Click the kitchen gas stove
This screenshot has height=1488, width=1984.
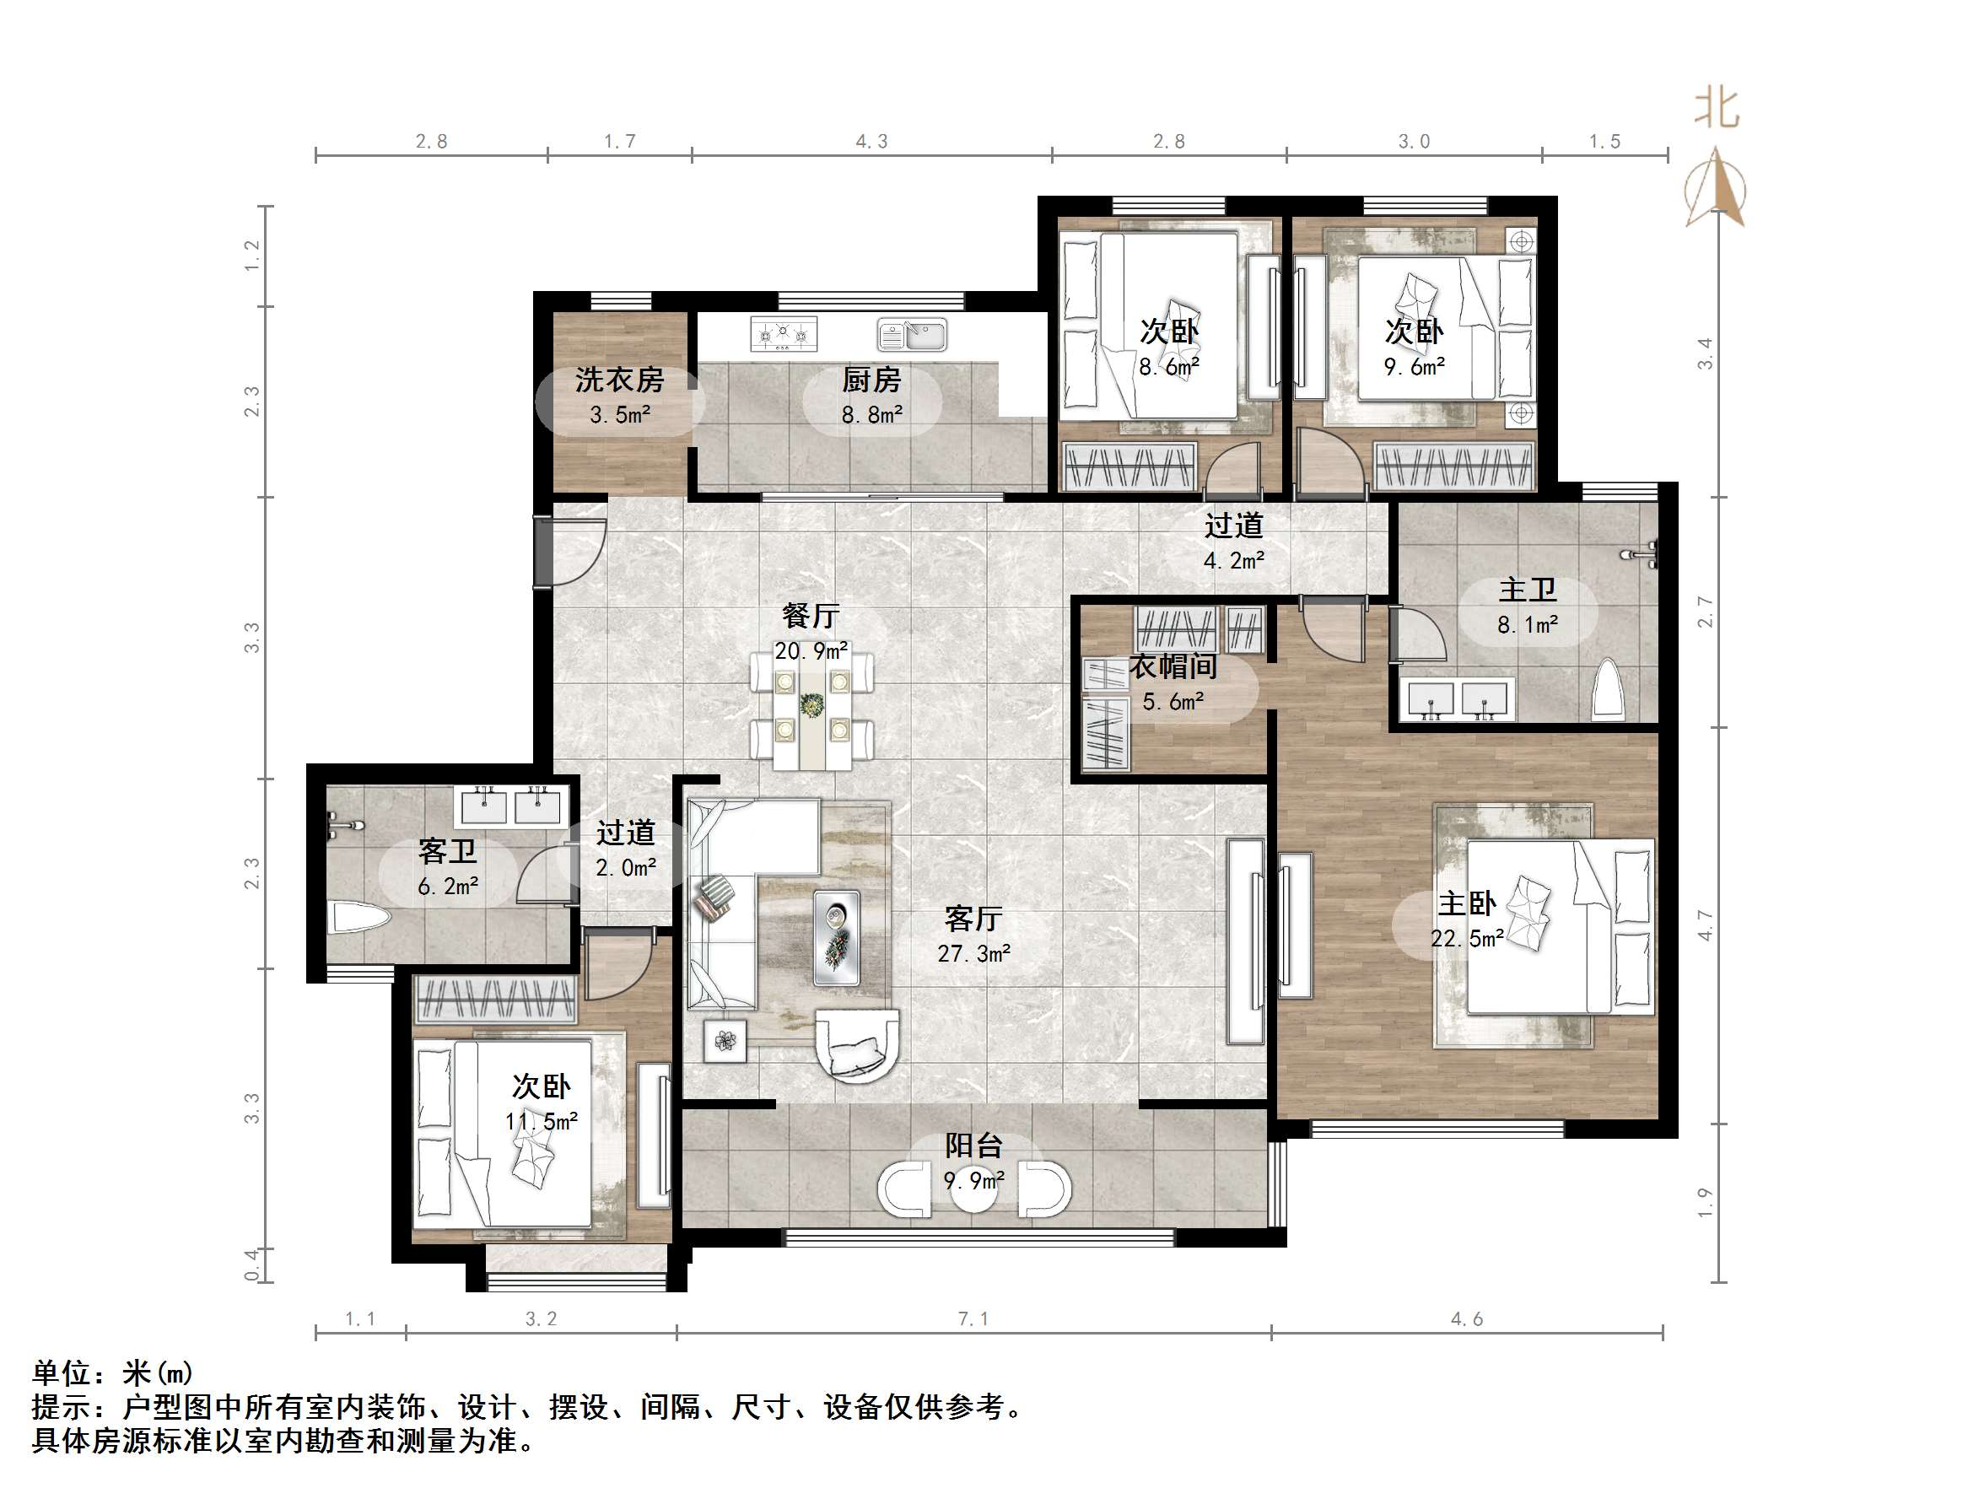tap(784, 335)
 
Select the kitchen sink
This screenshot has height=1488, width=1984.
tap(912, 336)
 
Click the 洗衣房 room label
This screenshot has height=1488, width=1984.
tap(619, 380)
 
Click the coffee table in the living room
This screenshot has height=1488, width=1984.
tap(836, 936)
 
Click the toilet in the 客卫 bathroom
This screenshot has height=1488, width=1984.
tap(359, 918)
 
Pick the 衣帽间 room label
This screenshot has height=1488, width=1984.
tap(1173, 666)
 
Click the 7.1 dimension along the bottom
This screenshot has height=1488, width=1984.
tap(973, 1318)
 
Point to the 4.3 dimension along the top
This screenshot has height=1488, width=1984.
tap(871, 142)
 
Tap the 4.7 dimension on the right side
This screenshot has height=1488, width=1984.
tap(1705, 925)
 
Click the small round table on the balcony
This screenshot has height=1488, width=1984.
tap(974, 1189)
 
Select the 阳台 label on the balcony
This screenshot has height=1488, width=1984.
tap(973, 1146)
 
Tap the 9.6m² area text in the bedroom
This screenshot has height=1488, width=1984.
tap(1414, 367)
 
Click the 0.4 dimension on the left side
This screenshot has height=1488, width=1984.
tap(253, 1264)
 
